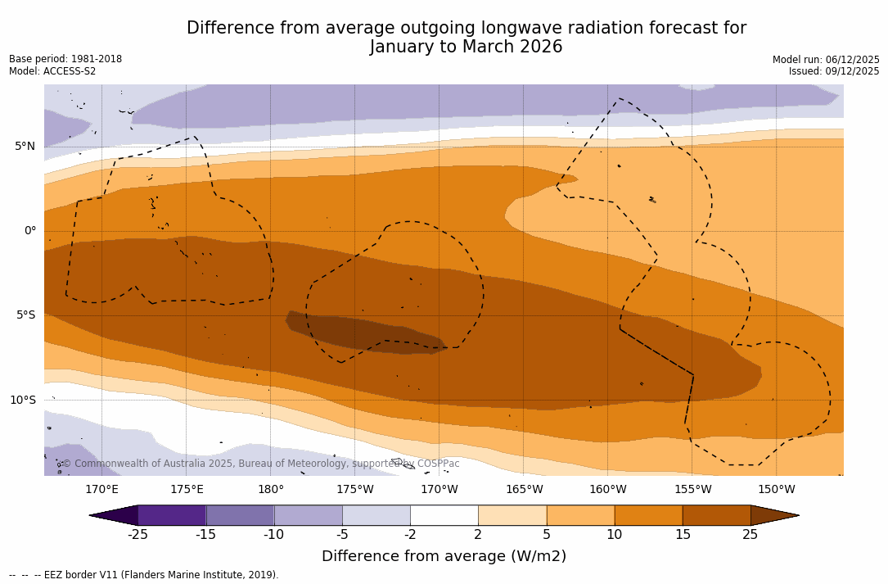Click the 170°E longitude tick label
point(101,490)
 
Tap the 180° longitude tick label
point(271,490)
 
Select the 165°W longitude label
point(524,490)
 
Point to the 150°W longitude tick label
point(776,490)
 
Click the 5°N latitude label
point(25,147)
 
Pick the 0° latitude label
point(29,231)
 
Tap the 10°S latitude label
point(22,401)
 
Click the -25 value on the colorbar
point(137,535)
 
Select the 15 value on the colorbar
point(682,535)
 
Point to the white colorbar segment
point(444,515)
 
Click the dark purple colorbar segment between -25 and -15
point(172,515)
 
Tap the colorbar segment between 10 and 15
point(648,515)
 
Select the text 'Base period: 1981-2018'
point(65,59)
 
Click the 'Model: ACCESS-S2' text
point(52,71)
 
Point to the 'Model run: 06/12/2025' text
point(826,60)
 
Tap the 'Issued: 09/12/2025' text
point(834,71)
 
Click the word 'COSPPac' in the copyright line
point(438,464)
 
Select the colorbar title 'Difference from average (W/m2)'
point(444,557)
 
